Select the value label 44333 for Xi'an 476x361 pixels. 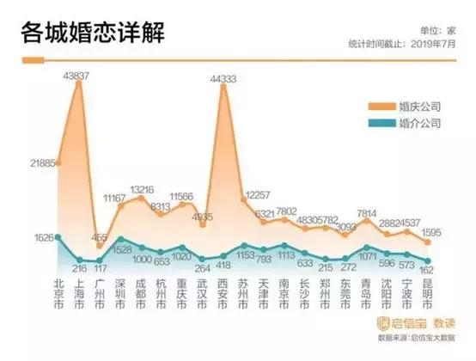tap(224, 78)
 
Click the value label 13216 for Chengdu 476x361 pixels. tap(142, 189)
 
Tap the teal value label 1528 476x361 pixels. tap(121, 248)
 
